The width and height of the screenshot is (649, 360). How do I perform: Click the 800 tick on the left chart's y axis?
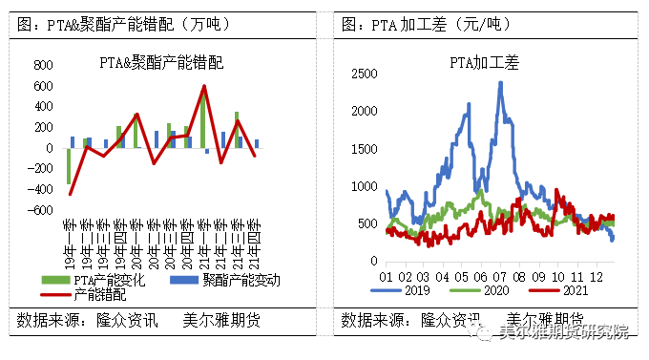click(x=42, y=65)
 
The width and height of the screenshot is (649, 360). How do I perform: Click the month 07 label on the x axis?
click(x=499, y=275)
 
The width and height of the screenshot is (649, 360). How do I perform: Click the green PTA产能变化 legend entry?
click(x=99, y=280)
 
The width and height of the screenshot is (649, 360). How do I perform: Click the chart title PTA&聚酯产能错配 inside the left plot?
click(x=161, y=64)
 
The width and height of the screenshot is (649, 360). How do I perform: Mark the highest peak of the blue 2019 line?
click(x=500, y=83)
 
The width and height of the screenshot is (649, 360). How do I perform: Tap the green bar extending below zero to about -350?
click(x=69, y=166)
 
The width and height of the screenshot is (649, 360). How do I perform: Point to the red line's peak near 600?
click(x=203, y=87)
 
